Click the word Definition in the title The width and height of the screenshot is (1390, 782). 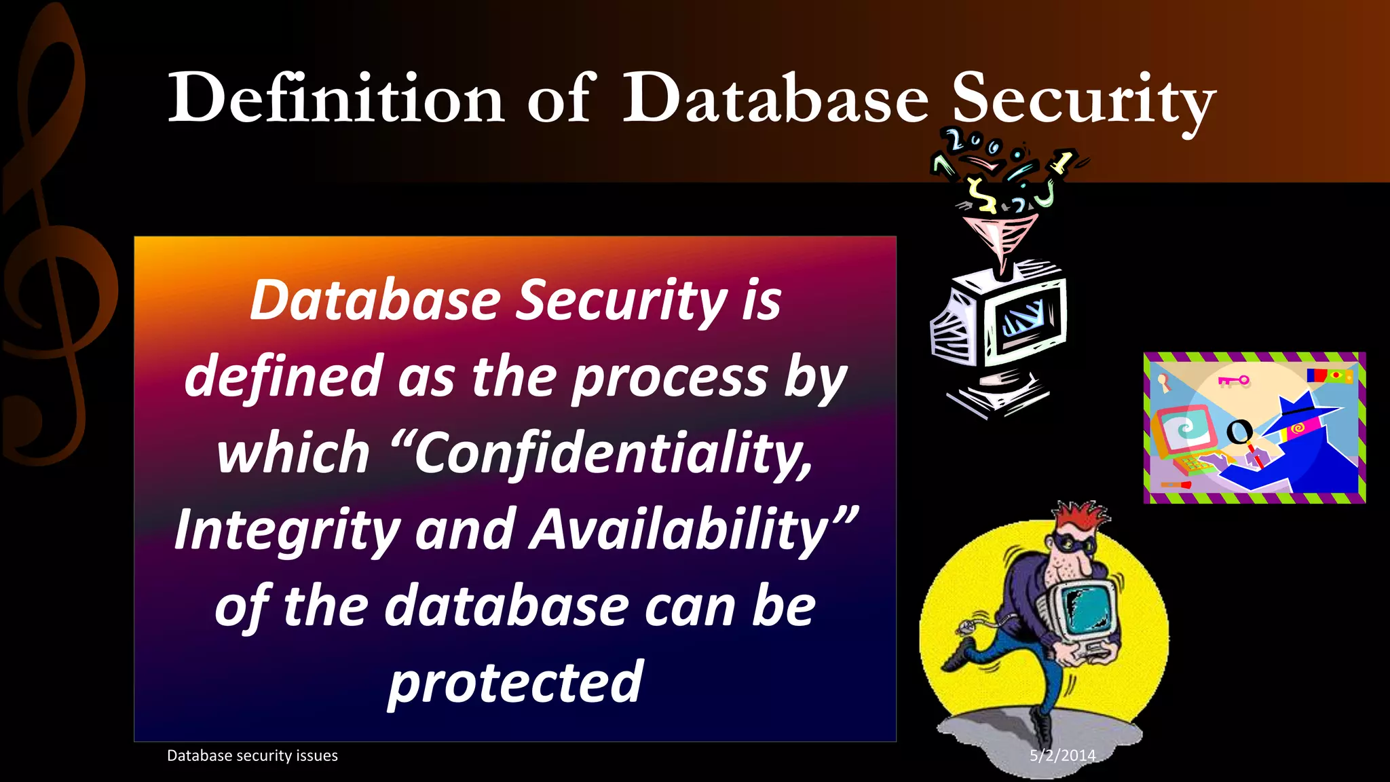point(336,98)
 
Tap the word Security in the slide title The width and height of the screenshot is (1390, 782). point(1083,100)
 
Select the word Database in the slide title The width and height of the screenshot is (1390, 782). point(775,98)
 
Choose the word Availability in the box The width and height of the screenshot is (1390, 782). point(679,529)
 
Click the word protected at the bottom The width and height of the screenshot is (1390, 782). point(515,682)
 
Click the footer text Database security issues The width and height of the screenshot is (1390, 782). point(252,756)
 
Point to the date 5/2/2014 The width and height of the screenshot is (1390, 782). point(1062,755)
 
